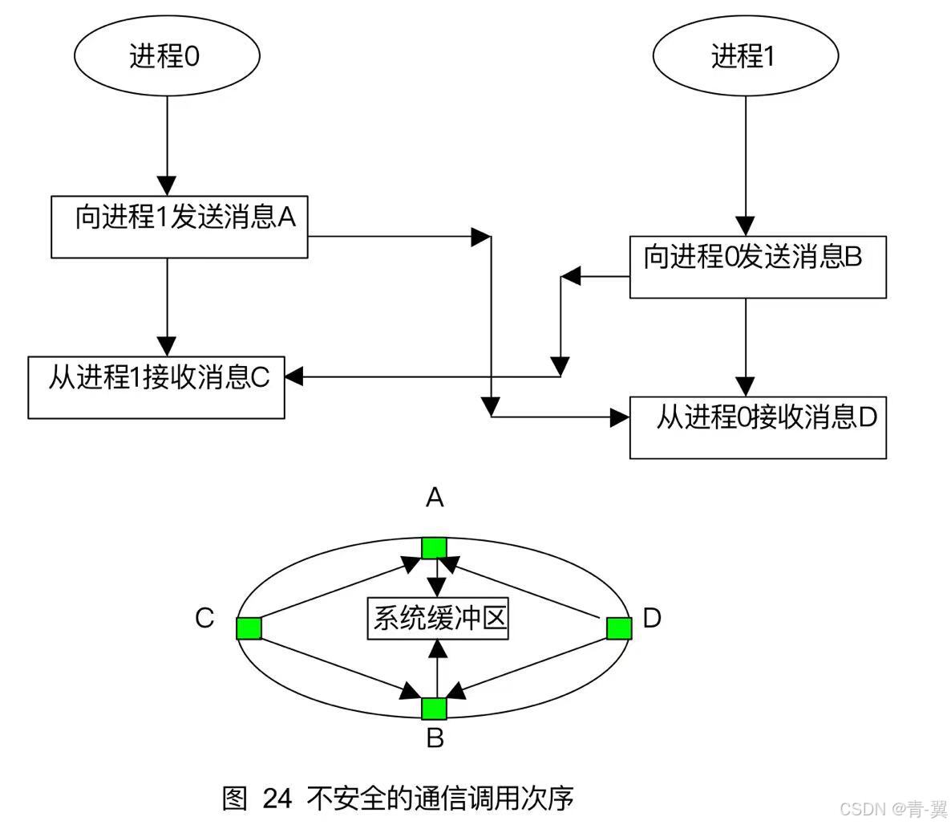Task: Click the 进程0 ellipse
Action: click(167, 57)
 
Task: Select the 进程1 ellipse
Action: click(746, 57)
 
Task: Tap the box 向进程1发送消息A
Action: click(179, 226)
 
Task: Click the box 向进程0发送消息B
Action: click(757, 266)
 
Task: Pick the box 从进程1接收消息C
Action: click(156, 387)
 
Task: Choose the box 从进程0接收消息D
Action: click(757, 427)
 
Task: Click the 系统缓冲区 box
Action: click(438, 618)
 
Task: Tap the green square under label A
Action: click(434, 548)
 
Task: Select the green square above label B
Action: click(434, 708)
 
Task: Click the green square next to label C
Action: click(249, 628)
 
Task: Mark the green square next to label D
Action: click(618, 628)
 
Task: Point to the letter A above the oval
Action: click(435, 498)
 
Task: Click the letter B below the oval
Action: click(435, 738)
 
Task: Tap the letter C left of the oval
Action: click(204, 618)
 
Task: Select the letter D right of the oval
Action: click(652, 618)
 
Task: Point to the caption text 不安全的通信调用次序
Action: click(440, 799)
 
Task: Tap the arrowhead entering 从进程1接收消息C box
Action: click(293, 376)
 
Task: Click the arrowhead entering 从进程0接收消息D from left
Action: click(620, 417)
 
